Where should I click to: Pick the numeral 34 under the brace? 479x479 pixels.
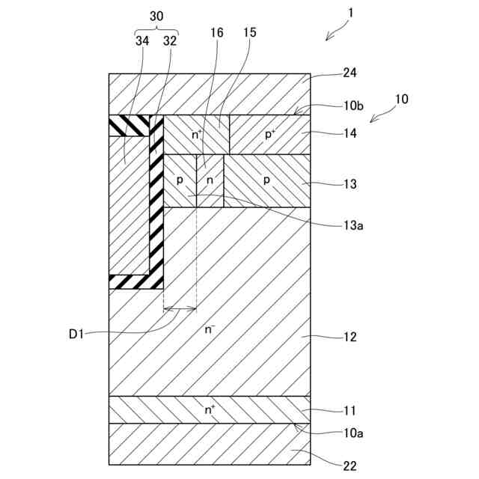pyautogui.click(x=143, y=41)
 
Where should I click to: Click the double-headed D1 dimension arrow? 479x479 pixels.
pyautogui.click(x=180, y=308)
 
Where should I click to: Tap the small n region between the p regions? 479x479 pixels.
pyautogui.click(x=210, y=180)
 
